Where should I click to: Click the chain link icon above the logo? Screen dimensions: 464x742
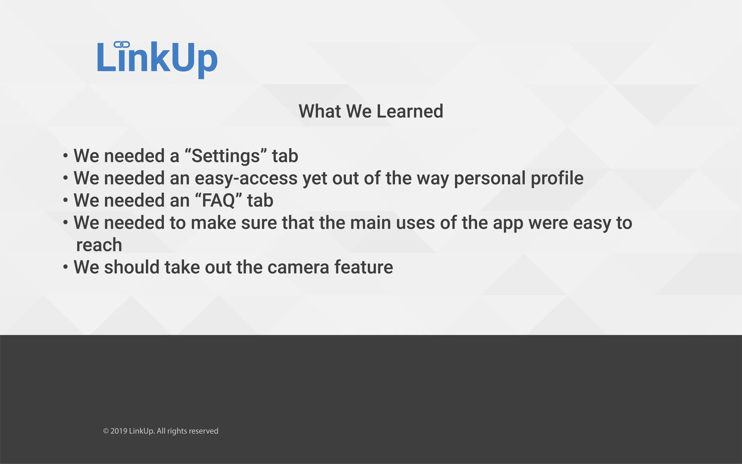pyautogui.click(x=121, y=45)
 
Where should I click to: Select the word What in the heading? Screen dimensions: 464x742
pyautogui.click(x=320, y=111)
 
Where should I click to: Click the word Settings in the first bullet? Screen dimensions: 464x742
pyautogui.click(x=226, y=156)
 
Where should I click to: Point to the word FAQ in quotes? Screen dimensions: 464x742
pyautogui.click(x=218, y=200)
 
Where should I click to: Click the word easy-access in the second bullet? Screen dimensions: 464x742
pyautogui.click(x=246, y=178)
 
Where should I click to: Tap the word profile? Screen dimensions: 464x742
pyautogui.click(x=557, y=178)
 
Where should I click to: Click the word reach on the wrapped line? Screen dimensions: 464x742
pyautogui.click(x=99, y=245)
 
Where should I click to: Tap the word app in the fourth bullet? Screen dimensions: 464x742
pyautogui.click(x=508, y=223)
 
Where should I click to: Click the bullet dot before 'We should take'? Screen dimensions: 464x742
pyautogui.click(x=65, y=267)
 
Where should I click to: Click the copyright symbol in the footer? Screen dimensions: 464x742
pyautogui.click(x=106, y=431)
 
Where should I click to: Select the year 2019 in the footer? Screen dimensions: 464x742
pyautogui.click(x=119, y=431)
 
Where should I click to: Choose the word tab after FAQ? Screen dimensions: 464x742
pyautogui.click(x=260, y=200)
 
